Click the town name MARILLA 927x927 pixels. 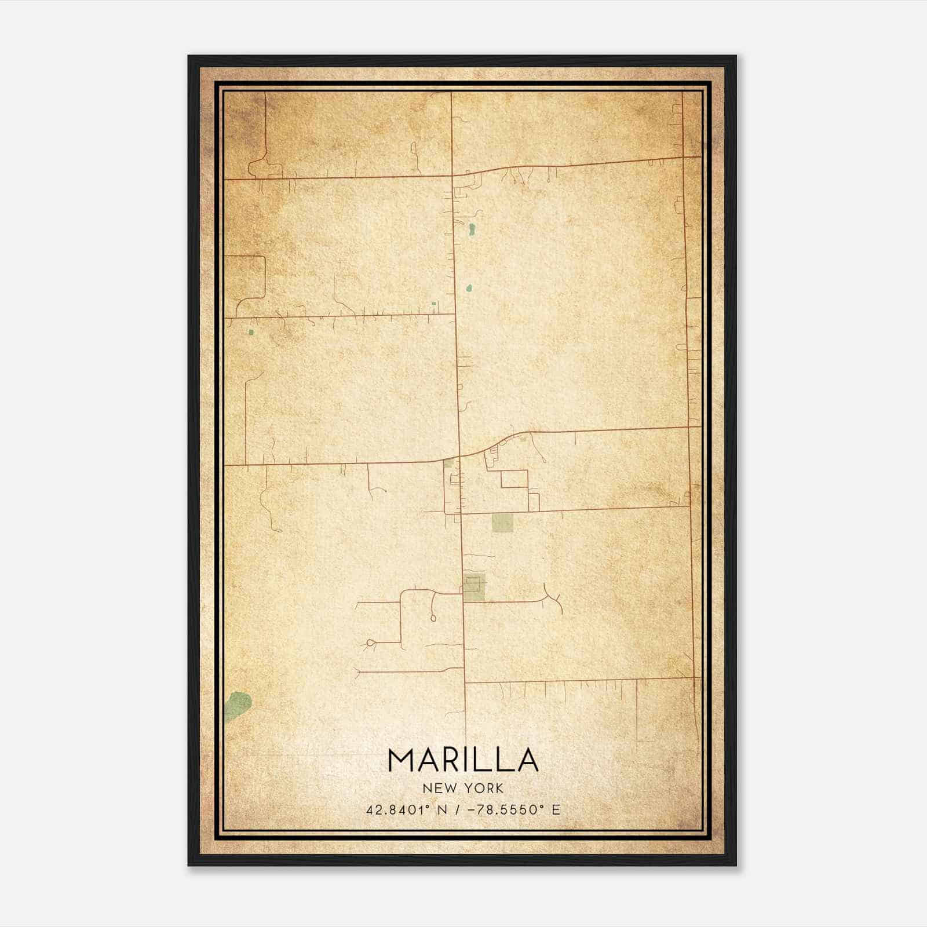coord(463,760)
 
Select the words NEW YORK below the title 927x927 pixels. coord(463,788)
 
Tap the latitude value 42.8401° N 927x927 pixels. coord(404,810)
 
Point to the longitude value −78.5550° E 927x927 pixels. coord(510,810)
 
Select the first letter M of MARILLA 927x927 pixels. coord(401,760)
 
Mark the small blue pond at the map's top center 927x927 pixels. coord(472,229)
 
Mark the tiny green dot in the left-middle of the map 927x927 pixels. coord(251,333)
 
